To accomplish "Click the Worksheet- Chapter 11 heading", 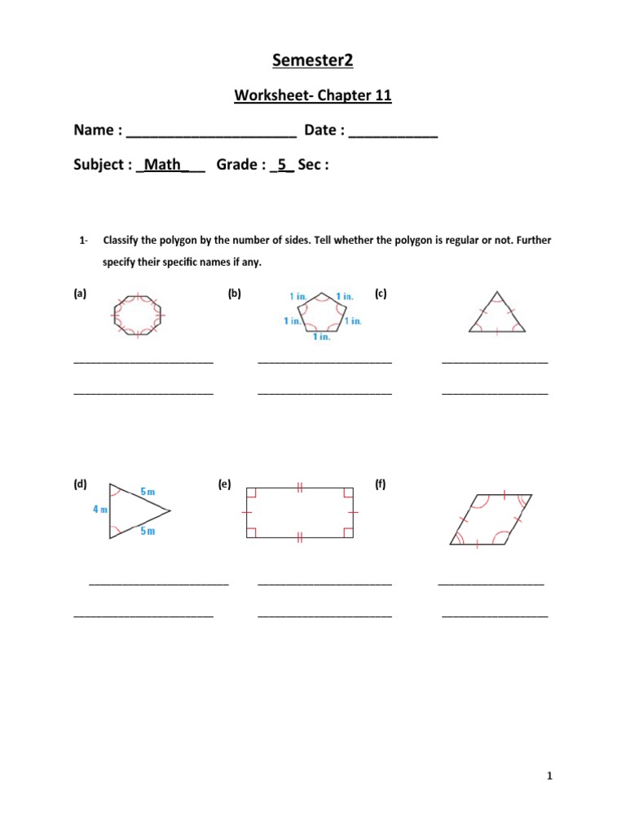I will click(313, 96).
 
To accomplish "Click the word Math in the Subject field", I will click(161, 166).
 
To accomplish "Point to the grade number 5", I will click(282, 166).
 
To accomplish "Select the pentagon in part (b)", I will click(323, 312).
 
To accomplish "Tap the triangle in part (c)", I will click(497, 314).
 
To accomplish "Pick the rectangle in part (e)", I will click(300, 512).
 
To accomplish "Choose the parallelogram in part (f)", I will click(491, 519).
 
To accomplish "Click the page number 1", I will click(550, 777).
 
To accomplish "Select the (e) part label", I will click(224, 484).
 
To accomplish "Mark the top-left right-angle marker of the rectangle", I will click(250, 492).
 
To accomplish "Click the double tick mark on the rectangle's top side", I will click(300, 487).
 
